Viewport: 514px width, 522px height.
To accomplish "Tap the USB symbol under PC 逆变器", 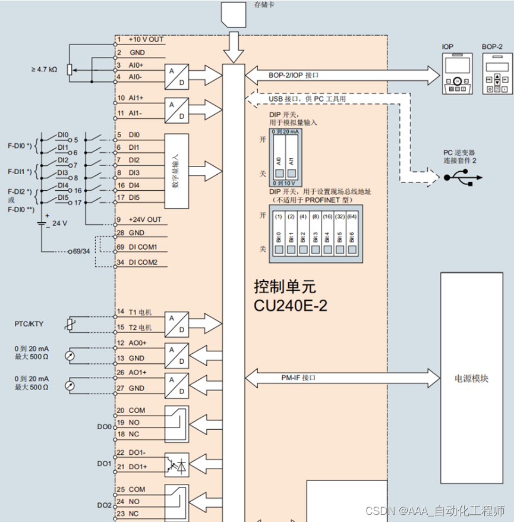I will point(463,177).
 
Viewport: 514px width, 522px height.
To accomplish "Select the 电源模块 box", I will point(471,378).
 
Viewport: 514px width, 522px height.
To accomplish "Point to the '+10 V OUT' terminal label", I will point(146,40).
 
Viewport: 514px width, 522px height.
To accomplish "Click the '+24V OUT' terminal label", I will point(144,220).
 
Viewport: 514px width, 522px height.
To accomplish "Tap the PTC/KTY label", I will point(29,324).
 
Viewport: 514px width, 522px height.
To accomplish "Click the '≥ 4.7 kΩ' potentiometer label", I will point(44,70).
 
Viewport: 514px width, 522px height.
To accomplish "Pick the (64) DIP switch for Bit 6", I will point(352,236).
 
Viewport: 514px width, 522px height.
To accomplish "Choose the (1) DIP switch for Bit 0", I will point(278,236).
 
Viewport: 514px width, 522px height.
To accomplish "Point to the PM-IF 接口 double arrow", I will point(339,378).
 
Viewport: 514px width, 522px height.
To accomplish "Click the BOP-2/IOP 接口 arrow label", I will point(294,76).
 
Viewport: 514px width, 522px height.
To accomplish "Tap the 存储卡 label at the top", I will point(264,5).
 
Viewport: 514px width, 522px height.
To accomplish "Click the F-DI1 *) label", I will point(20,172).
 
